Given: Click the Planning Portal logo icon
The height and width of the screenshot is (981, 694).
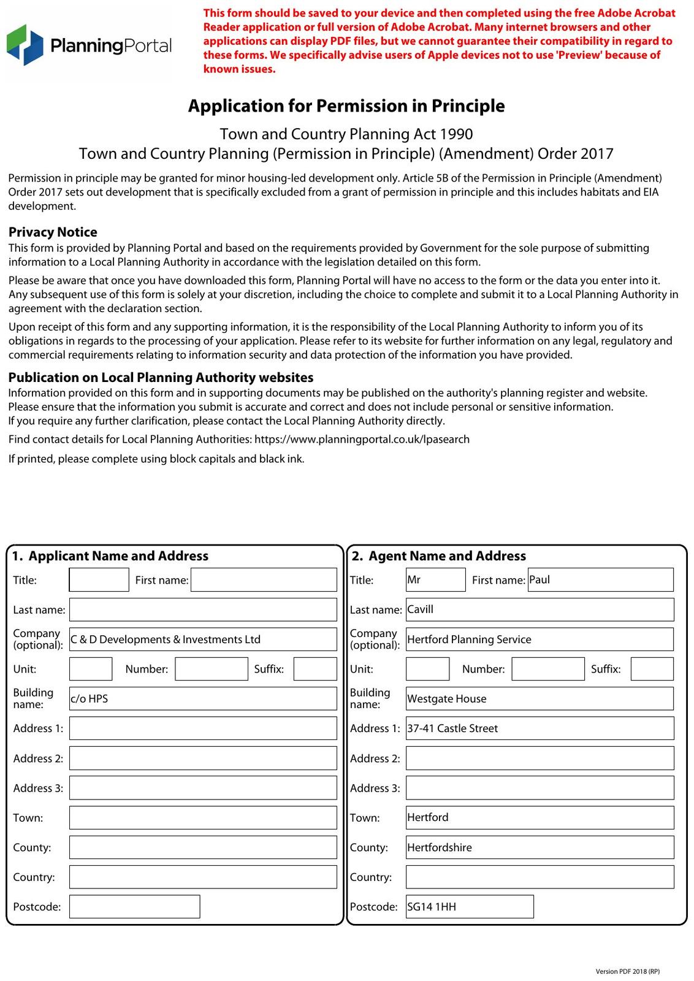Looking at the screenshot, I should (x=25, y=45).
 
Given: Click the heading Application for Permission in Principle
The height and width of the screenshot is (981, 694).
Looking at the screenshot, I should (x=346, y=106).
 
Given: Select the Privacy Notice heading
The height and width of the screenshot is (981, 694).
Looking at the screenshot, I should (x=53, y=232).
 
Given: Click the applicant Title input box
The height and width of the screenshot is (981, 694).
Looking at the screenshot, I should (x=99, y=579).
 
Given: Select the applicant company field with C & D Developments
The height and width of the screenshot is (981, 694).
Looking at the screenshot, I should (x=203, y=639).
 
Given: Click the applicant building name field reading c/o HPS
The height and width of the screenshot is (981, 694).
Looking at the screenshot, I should (x=203, y=698).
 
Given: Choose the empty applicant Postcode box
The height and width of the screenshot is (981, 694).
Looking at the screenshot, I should (x=134, y=906).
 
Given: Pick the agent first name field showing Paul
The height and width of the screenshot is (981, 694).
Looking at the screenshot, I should (x=600, y=579).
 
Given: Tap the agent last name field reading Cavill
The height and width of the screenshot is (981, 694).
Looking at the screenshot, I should (x=540, y=609).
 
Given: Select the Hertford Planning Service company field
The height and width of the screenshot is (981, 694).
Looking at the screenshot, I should (x=540, y=639).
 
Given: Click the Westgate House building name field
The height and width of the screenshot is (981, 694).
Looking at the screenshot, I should (x=540, y=698).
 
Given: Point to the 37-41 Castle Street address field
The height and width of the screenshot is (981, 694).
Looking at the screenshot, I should (x=540, y=728).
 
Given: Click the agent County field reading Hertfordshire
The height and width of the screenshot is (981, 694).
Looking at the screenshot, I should (x=540, y=847).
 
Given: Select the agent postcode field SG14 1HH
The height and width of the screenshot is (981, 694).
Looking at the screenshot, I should (x=470, y=906).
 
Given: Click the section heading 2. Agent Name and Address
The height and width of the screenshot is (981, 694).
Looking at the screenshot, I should (x=439, y=556).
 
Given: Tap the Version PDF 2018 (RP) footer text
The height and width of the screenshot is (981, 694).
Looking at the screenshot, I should (x=627, y=971).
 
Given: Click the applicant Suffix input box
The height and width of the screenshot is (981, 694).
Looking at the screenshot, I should (x=315, y=669).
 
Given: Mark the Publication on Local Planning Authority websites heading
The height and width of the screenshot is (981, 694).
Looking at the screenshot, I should (x=161, y=378).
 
